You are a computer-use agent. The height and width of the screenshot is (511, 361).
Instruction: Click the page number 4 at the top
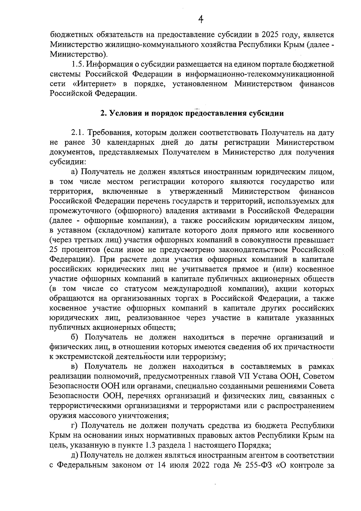[200, 20]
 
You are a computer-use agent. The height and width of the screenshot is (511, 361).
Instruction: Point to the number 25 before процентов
[54, 250]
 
